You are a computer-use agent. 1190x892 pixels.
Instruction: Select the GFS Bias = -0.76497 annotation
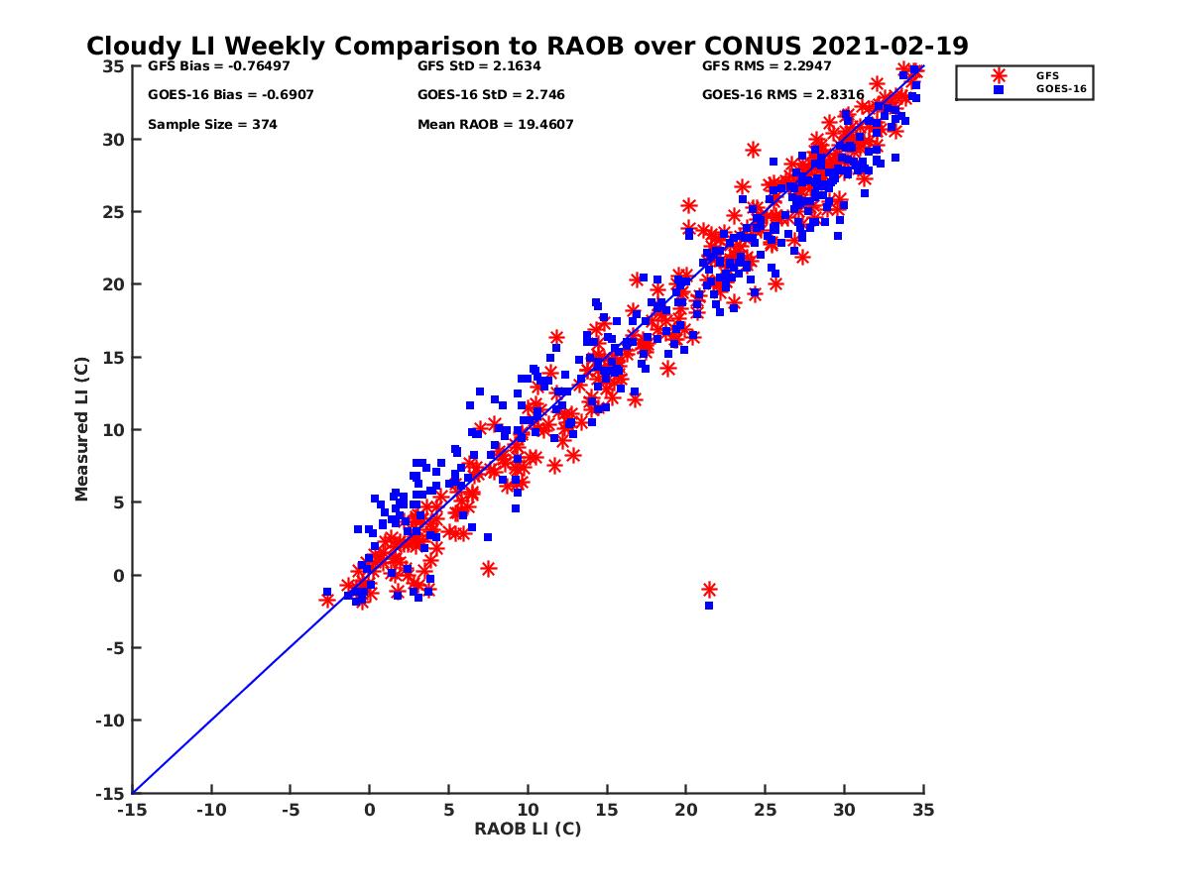pyautogui.click(x=205, y=66)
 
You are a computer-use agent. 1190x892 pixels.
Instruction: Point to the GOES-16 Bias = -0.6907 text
pyautogui.click(x=216, y=95)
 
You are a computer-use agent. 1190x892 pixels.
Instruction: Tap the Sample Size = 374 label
pyautogui.click(x=212, y=125)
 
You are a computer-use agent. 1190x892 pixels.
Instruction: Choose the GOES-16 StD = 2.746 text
pyautogui.click(x=491, y=95)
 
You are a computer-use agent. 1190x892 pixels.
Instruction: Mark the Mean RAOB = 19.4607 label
pyautogui.click(x=496, y=125)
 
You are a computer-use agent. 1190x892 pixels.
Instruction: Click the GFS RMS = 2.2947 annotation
pyautogui.click(x=767, y=66)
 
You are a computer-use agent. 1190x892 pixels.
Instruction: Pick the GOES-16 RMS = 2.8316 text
pyautogui.click(x=782, y=95)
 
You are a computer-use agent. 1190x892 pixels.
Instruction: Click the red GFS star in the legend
pyautogui.click(x=998, y=75)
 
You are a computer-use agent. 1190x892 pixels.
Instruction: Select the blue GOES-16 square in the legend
pyautogui.click(x=999, y=89)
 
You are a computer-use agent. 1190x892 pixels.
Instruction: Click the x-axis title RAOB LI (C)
pyautogui.click(x=528, y=829)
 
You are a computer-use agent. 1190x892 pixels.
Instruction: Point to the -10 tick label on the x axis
pyautogui.click(x=210, y=810)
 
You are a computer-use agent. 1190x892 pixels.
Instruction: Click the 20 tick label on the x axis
pyautogui.click(x=686, y=810)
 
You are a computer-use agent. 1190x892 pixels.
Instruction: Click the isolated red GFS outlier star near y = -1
pyautogui.click(x=709, y=590)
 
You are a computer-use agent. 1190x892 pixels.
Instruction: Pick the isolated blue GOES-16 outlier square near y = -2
pyautogui.click(x=709, y=606)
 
